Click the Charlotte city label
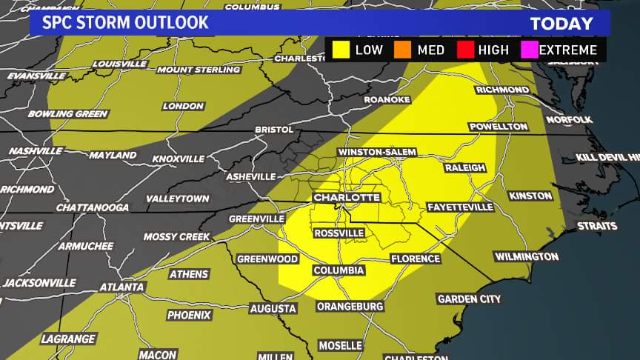pyautogui.click(x=347, y=198)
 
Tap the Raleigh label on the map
pyautogui.click(x=465, y=168)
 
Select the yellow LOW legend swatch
pyautogui.click(x=341, y=50)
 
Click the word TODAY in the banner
pyautogui.click(x=561, y=24)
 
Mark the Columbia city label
pyautogui.click(x=339, y=270)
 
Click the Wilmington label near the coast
pyautogui.click(x=526, y=256)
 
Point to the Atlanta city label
pyautogui.click(x=121, y=287)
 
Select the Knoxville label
pyautogui.click(x=178, y=159)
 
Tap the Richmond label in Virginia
pyautogui.click(x=502, y=90)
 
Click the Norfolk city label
pyautogui.click(x=569, y=119)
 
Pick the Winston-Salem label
pyautogui.click(x=377, y=152)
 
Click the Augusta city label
pyautogui.click(x=273, y=308)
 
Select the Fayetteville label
pyautogui.click(x=461, y=207)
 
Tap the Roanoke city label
pyautogui.click(x=387, y=99)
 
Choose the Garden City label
pyautogui.click(x=469, y=299)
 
